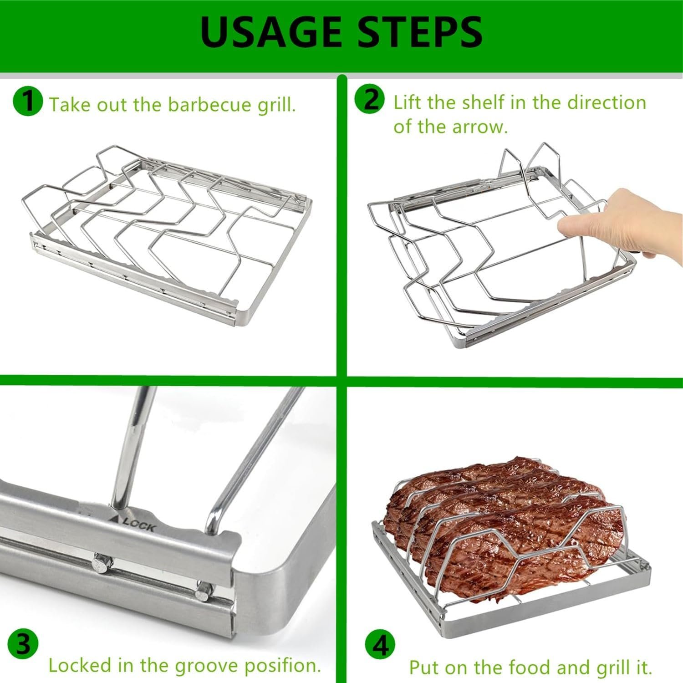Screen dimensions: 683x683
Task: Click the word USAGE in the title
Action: pos(270,31)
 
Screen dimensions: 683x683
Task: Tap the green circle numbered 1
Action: pos(28,101)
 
